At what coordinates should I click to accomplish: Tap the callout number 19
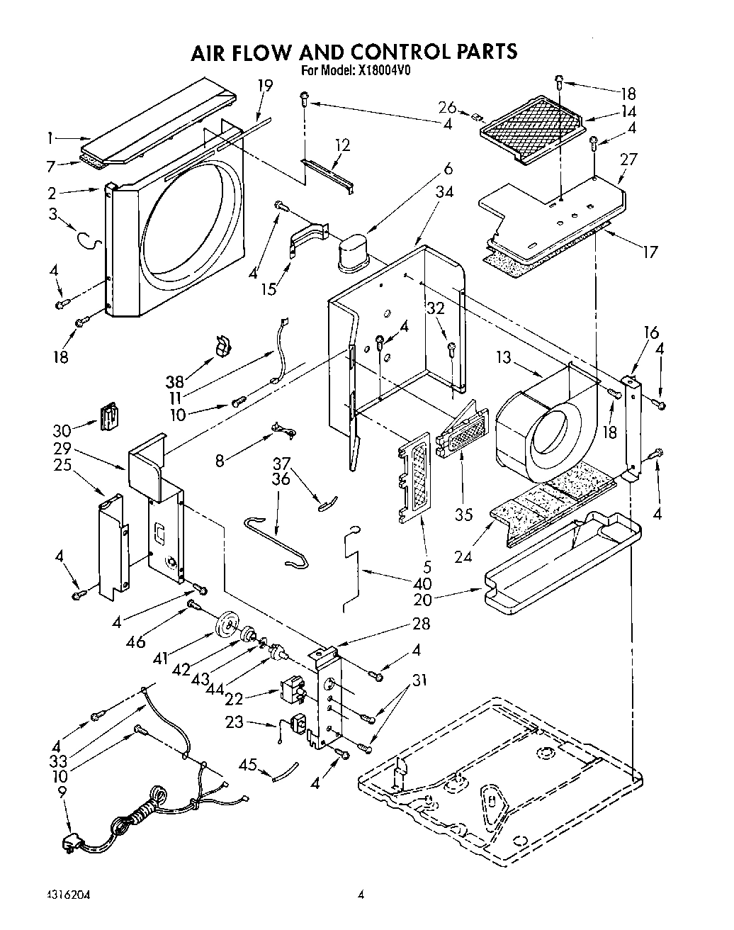[x=265, y=86]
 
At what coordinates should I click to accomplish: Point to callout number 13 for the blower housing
[x=503, y=358]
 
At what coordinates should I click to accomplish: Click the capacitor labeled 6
[x=354, y=254]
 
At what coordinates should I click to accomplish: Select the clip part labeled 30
[x=108, y=416]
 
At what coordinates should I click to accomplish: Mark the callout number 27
[x=628, y=159]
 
